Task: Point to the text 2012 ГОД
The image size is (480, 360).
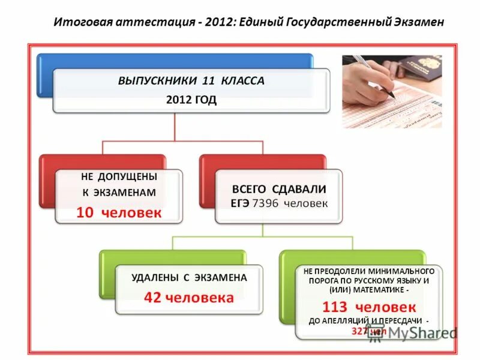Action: pos(191,100)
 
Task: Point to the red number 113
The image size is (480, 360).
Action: pos(334,307)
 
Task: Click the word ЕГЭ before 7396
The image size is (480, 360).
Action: pos(241,204)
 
